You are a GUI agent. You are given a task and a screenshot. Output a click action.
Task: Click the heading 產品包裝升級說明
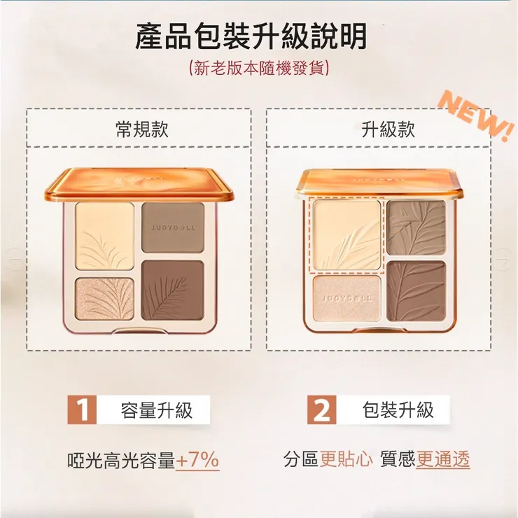pyautogui.click(x=251, y=36)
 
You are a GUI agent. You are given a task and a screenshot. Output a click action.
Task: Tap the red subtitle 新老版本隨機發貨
pyautogui.click(x=259, y=68)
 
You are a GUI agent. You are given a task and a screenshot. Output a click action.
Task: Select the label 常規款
pyautogui.click(x=142, y=129)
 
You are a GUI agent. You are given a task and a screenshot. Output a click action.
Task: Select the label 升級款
pyautogui.click(x=388, y=129)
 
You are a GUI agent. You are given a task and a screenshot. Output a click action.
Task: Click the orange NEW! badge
pyautogui.click(x=476, y=115)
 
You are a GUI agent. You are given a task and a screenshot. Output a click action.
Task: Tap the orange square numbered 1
pyautogui.click(x=82, y=409)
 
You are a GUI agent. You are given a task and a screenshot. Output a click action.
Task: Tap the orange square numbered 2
pyautogui.click(x=322, y=409)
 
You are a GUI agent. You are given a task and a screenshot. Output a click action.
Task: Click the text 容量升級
pyautogui.click(x=157, y=410)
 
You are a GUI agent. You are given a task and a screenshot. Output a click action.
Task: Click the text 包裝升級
pyautogui.click(x=398, y=410)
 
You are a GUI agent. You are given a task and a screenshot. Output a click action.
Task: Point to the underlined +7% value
pyautogui.click(x=197, y=459)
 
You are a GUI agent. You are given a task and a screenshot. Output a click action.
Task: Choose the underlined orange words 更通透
pyautogui.click(x=443, y=459)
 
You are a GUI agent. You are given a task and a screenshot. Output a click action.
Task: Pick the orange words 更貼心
pyautogui.click(x=346, y=459)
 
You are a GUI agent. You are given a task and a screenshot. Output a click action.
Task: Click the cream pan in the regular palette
pyautogui.click(x=105, y=236)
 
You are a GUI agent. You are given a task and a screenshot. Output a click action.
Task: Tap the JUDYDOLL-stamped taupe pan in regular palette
pyautogui.click(x=173, y=227)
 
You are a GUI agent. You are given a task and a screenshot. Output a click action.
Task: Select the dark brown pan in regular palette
pyautogui.click(x=172, y=290)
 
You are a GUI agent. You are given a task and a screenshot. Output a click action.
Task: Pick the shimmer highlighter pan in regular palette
pyautogui.click(x=104, y=299)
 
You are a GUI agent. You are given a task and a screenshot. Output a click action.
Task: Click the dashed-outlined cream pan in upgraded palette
pyautogui.click(x=347, y=235)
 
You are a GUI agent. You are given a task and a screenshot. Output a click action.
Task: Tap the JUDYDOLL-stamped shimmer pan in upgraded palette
pyautogui.click(x=347, y=298)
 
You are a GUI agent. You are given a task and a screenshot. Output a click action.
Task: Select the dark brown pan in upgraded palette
pyautogui.click(x=416, y=291)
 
